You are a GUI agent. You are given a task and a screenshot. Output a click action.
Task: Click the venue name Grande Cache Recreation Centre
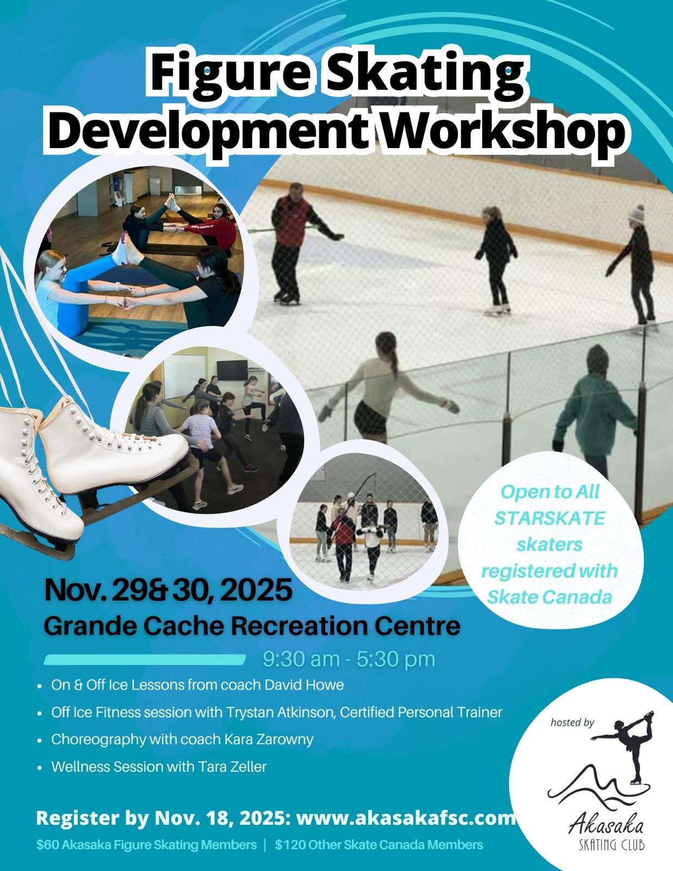pos(252,625)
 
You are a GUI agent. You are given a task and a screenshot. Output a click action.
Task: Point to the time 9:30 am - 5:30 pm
pos(348,659)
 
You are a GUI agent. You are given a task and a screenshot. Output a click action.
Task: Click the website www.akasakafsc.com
pos(406,818)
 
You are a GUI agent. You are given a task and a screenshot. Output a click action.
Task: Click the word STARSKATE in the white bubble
pos(549,518)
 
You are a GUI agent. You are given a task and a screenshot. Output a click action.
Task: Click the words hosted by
pos(572,723)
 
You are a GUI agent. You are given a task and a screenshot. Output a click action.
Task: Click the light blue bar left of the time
pos(144,659)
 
